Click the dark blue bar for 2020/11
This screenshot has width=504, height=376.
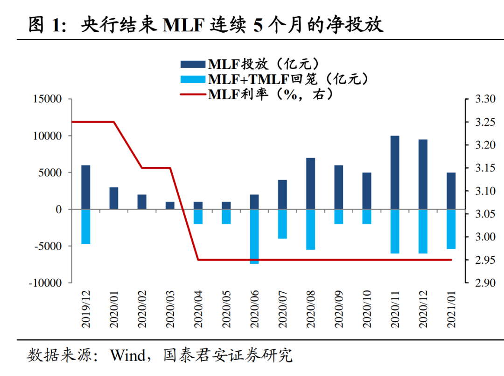coord(395,173)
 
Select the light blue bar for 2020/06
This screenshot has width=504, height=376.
coord(254,237)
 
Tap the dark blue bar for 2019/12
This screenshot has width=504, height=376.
coord(86,187)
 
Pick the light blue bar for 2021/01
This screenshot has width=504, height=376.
coord(451,229)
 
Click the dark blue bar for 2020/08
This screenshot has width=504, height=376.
coord(310,184)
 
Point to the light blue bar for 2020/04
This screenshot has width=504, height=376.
coord(198,217)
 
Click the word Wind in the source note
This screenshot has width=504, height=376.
coord(128,356)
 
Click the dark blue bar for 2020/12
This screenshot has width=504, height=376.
coord(423,174)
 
